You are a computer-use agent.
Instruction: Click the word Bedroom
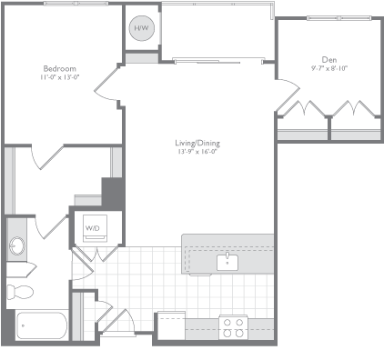(x=59, y=68)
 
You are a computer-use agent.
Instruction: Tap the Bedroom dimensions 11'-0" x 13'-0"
(x=59, y=77)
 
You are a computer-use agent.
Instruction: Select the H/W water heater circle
(x=142, y=29)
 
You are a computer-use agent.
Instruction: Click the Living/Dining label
(x=197, y=143)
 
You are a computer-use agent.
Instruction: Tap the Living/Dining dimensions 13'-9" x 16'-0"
(x=197, y=152)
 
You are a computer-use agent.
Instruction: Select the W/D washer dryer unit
(x=93, y=227)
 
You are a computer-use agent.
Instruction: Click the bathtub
(x=41, y=325)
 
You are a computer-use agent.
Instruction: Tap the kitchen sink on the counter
(x=227, y=263)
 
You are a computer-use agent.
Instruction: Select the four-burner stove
(x=233, y=326)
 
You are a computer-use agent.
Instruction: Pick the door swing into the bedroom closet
(x=45, y=156)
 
